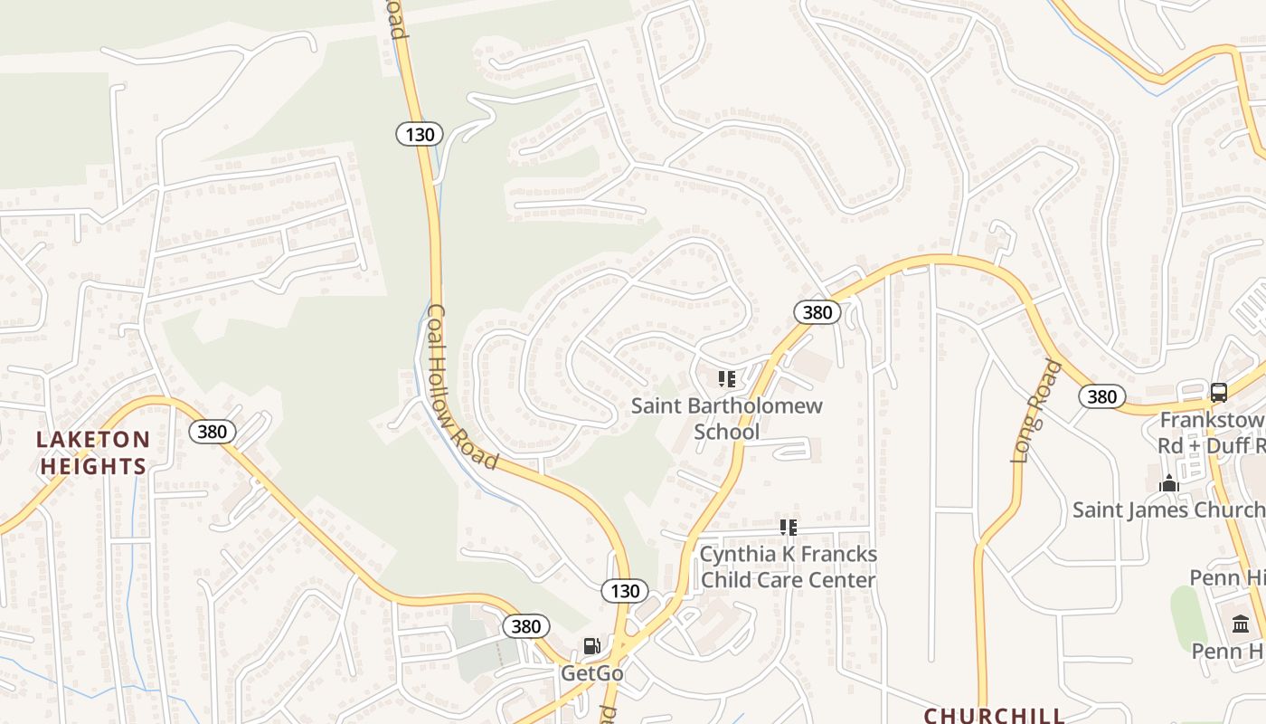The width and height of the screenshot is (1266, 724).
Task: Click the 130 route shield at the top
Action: [x=420, y=135]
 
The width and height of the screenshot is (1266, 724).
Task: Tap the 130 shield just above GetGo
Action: [x=625, y=591]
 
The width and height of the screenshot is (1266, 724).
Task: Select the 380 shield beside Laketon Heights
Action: [x=213, y=432]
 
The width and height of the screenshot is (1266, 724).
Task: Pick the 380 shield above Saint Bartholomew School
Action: [x=817, y=312]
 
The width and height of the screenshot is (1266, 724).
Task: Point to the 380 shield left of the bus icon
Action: [x=1101, y=396]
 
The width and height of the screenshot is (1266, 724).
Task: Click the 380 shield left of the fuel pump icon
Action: [x=525, y=626]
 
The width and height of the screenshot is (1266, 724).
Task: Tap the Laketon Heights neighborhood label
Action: [x=92, y=453]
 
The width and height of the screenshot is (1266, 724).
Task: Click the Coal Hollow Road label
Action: [x=462, y=387]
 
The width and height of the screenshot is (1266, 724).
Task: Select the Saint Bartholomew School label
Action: [x=727, y=418]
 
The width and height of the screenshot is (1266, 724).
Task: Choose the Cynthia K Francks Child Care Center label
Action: [x=789, y=567]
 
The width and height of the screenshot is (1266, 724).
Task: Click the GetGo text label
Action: [x=592, y=673]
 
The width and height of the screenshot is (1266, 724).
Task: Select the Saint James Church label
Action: [x=1167, y=510]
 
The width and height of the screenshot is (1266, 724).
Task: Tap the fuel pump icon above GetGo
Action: [x=592, y=645]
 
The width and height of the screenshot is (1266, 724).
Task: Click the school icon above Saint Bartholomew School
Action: [x=726, y=379]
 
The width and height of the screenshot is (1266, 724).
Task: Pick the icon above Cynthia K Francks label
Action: [x=789, y=527]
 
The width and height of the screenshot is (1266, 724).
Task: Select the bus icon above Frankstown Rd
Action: [x=1219, y=393]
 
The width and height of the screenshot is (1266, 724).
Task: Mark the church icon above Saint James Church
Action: [x=1169, y=483]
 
